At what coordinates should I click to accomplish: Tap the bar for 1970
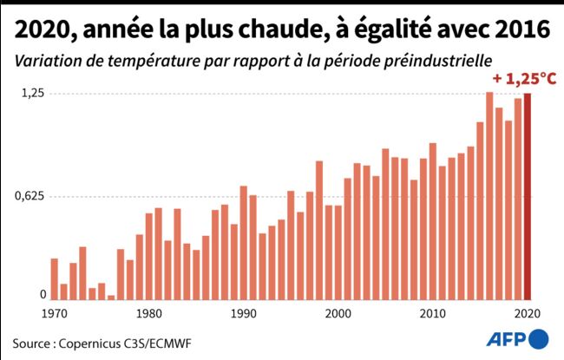coord(54,278)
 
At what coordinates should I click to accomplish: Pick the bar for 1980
coord(148,256)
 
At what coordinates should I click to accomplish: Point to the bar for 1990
coord(244,242)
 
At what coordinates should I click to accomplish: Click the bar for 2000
coord(338,252)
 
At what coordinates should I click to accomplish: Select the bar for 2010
coord(433,220)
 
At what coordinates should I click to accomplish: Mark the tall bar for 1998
coord(319,230)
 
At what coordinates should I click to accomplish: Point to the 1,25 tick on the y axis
coord(31,93)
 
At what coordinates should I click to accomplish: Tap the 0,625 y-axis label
coord(28,196)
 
